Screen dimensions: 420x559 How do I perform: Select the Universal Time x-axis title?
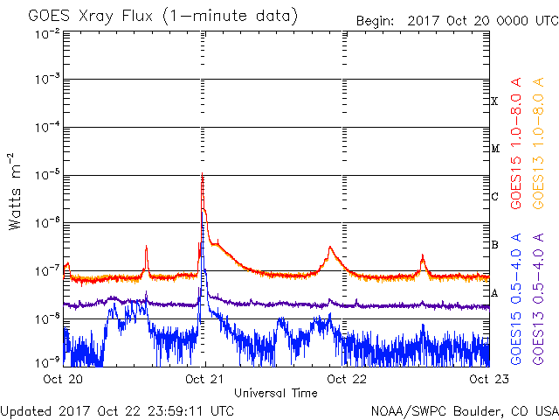(x=275, y=393)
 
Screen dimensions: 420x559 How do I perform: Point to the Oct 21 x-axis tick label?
(x=204, y=380)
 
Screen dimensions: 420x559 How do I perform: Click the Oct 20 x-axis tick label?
(x=62, y=380)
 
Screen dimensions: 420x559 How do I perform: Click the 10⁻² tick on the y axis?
(x=48, y=33)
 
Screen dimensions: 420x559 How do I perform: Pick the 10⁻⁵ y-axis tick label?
(x=48, y=176)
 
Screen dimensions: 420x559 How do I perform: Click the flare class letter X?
(x=494, y=101)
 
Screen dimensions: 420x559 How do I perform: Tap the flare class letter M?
(x=494, y=149)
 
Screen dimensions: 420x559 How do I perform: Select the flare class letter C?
(x=494, y=197)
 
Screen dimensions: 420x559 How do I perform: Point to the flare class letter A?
(x=494, y=293)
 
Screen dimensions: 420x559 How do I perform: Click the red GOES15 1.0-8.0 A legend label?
(x=517, y=143)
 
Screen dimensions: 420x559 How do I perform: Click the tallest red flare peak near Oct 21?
(x=203, y=178)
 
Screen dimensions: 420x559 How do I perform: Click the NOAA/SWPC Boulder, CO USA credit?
(x=464, y=409)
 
